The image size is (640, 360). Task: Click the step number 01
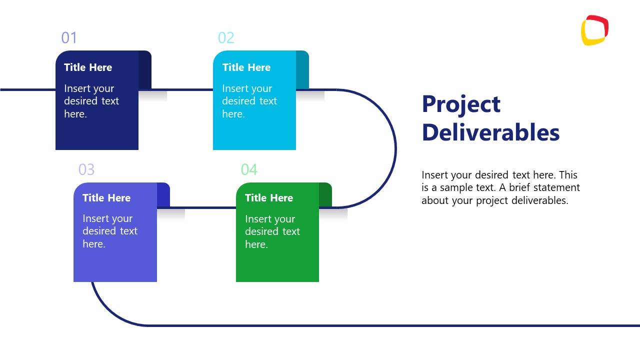[69, 38]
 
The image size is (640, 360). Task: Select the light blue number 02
[226, 38]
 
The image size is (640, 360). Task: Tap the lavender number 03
[86, 169]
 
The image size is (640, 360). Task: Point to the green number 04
[249, 169]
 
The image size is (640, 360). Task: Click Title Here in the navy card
[88, 67]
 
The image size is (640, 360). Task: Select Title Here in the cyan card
[246, 67]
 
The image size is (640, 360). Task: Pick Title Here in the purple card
[106, 198]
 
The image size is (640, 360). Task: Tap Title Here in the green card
[269, 198]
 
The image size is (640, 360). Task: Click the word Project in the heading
[461, 104]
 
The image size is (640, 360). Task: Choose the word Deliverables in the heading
[490, 132]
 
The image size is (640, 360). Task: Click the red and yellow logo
[594, 30]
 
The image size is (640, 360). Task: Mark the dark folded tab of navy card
[144, 69]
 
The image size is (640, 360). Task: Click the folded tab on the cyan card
[302, 69]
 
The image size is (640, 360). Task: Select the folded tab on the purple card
[163, 194]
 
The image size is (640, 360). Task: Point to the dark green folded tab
[325, 195]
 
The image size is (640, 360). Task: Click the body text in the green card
[272, 231]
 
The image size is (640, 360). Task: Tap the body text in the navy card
[91, 101]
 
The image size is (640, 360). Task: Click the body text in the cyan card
[249, 101]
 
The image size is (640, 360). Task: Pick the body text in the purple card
[109, 231]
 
